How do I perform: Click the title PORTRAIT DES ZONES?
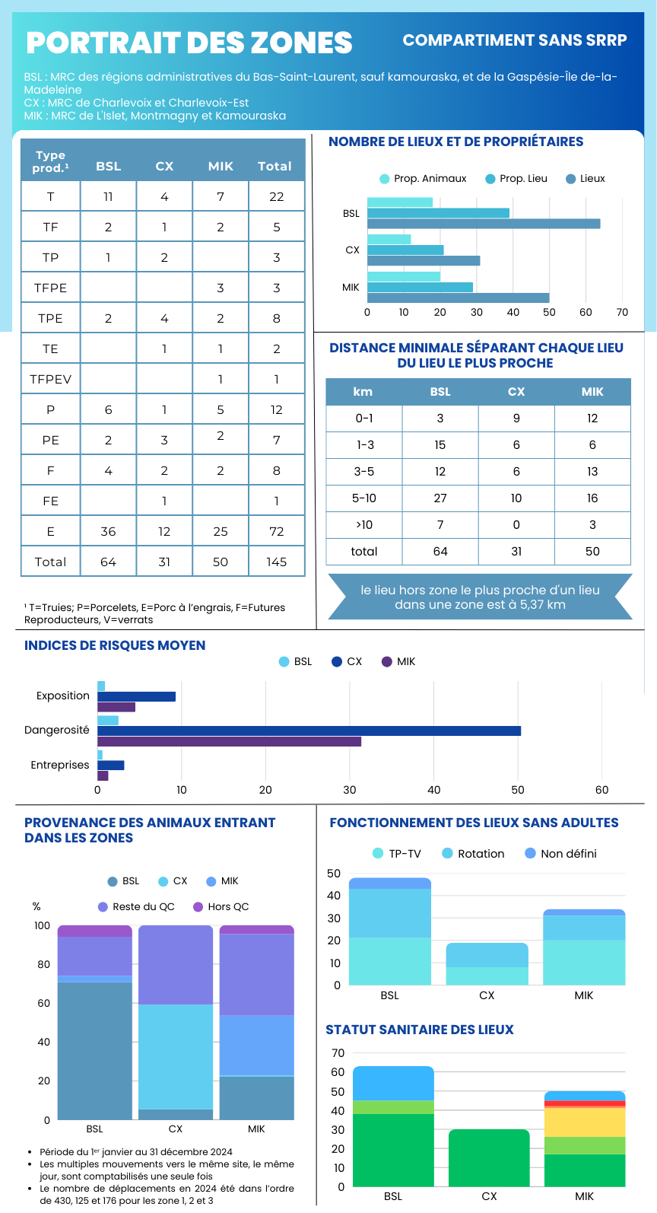click(189, 43)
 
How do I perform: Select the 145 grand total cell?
click(276, 562)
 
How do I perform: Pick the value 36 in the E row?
click(108, 531)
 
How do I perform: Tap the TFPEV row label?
click(50, 379)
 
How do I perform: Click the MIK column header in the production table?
click(221, 166)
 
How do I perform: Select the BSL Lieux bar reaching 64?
click(484, 224)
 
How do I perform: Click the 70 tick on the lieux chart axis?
click(622, 312)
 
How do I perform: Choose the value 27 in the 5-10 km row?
click(440, 498)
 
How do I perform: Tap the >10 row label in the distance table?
click(364, 525)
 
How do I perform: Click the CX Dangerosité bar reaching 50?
click(309, 731)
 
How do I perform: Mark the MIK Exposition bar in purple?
click(116, 707)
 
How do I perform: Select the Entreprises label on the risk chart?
click(60, 765)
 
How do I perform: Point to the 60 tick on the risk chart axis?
click(601, 790)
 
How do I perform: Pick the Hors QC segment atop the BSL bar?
click(95, 931)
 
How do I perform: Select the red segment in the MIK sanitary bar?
click(585, 1103)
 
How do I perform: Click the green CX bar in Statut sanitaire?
click(489, 1157)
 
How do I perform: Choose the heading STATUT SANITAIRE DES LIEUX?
click(420, 1030)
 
